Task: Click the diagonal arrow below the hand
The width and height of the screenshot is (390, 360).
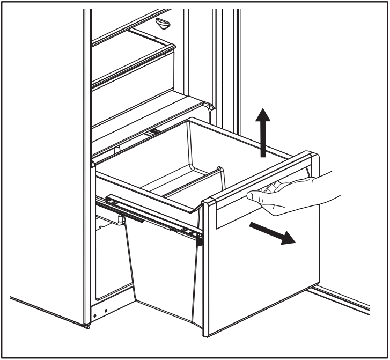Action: coord(271,233)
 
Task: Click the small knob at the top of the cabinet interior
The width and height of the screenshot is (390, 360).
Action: coord(163,23)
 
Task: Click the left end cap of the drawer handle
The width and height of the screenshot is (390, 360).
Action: coord(209,202)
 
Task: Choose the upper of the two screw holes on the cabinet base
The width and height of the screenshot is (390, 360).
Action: coord(106,311)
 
